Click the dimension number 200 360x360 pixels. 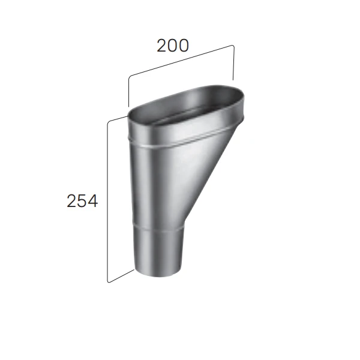click(173, 46)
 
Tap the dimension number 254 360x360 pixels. click(82, 202)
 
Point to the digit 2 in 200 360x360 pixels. click(162, 46)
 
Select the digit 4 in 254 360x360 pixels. click(92, 202)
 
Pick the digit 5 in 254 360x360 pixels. click(82, 202)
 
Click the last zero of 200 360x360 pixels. click(184, 46)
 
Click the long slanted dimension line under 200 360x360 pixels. click(180, 61)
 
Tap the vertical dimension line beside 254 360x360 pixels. click(107, 201)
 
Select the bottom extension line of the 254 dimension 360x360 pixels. click(120, 275)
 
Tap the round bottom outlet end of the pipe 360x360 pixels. click(157, 274)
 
